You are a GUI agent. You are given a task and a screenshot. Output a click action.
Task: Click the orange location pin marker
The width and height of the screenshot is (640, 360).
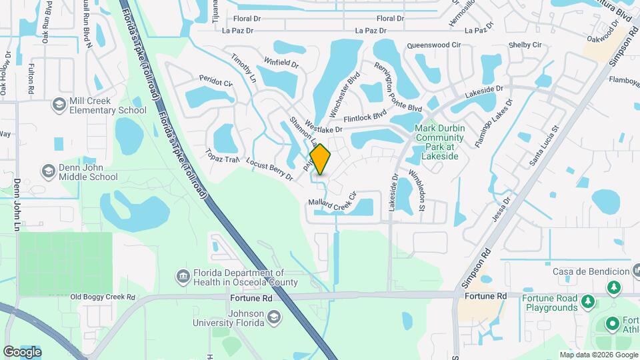[x=321, y=159]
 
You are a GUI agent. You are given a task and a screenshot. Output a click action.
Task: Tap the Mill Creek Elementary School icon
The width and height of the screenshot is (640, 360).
[x=59, y=105]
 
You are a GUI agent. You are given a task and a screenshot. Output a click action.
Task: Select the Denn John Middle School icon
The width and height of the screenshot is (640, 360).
[x=48, y=171]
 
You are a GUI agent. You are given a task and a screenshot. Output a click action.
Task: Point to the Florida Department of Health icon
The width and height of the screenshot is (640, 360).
[x=183, y=276]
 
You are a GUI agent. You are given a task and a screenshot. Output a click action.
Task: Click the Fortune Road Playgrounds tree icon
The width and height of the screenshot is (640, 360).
[x=587, y=303]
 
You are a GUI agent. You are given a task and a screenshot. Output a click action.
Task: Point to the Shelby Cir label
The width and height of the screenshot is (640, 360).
[x=525, y=45]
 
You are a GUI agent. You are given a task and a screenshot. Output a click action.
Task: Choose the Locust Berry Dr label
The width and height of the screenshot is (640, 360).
[x=269, y=169]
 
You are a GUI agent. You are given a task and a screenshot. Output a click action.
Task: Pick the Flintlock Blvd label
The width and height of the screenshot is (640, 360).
[x=370, y=116]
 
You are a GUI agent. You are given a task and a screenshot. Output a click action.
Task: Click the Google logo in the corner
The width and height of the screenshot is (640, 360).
[x=22, y=351]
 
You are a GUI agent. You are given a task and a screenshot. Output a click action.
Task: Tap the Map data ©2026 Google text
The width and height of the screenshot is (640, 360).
[x=598, y=355]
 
